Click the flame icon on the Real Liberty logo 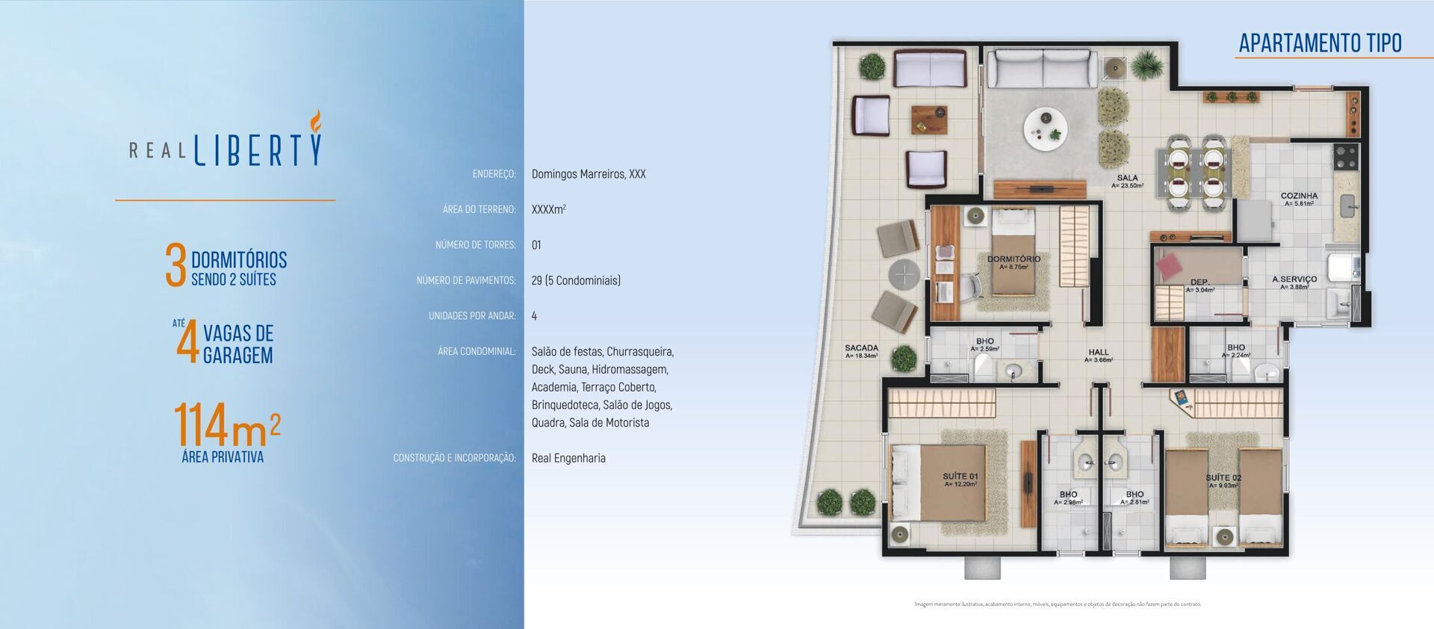316,121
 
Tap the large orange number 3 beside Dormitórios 175,266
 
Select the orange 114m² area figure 226,425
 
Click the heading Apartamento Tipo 1320,43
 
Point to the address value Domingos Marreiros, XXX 589,174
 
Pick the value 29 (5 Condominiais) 576,281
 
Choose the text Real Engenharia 568,458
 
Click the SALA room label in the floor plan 1127,179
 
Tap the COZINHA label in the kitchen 1299,196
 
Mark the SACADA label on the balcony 861,348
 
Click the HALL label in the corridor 1098,352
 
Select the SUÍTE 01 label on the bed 960,476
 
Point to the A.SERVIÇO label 1294,279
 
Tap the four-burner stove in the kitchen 1345,157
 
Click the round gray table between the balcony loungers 904,275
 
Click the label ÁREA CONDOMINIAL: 477,351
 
